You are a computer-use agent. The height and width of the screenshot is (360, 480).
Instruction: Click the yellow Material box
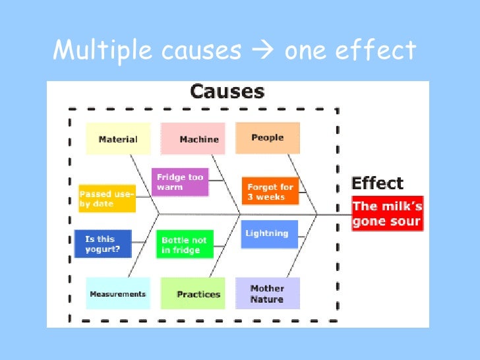[x=118, y=138]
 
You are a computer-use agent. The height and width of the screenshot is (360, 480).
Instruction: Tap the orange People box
[x=268, y=137]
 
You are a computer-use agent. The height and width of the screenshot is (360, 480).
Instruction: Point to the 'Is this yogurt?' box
[x=104, y=244]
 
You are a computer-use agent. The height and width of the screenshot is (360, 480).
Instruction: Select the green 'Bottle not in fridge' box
[x=185, y=245]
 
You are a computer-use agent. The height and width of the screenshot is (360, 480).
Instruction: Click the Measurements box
[x=118, y=294]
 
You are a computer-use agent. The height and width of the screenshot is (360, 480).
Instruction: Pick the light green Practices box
[x=198, y=294]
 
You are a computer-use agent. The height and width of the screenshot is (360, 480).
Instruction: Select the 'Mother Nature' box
[x=268, y=293]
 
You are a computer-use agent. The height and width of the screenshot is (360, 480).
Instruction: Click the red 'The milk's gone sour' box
[x=387, y=213]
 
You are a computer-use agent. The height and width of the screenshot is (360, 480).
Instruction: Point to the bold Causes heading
[x=227, y=91]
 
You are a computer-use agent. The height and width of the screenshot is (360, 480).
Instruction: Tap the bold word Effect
[x=377, y=183]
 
